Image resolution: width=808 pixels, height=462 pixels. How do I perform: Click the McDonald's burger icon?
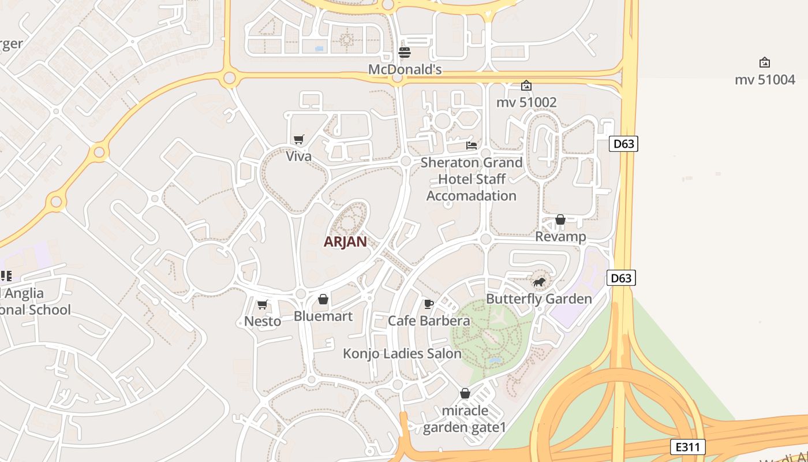point(405,53)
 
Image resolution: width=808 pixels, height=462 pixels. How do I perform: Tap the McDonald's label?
point(405,70)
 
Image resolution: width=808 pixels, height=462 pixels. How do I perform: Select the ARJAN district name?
point(345,241)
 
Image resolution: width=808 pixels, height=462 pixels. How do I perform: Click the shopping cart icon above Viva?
point(298,139)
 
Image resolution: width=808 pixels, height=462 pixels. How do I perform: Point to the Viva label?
point(298,156)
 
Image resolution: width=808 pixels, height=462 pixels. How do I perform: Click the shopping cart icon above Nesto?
point(263,304)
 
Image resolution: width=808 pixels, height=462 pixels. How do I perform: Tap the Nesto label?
point(263,321)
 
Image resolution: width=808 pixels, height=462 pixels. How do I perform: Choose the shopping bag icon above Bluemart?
point(323,299)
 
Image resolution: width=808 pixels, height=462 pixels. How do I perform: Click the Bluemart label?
point(323,316)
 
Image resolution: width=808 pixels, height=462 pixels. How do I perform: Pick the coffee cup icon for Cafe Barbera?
point(428,304)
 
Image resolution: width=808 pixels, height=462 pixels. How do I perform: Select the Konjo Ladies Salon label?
point(402,353)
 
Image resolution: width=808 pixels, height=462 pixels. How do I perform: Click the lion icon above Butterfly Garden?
point(539,282)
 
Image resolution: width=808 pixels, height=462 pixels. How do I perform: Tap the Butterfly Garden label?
point(539,299)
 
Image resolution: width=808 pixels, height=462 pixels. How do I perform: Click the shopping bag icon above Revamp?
point(560,219)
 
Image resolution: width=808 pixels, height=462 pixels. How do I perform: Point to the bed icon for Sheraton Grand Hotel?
point(472,146)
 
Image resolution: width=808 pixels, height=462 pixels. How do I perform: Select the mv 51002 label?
point(526,102)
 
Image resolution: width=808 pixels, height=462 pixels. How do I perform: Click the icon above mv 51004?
point(765,62)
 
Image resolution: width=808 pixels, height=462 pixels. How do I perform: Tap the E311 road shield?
point(688,446)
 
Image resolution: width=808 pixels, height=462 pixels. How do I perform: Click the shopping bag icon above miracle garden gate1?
point(465,393)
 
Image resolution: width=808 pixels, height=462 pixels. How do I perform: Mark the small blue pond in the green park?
point(495,360)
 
